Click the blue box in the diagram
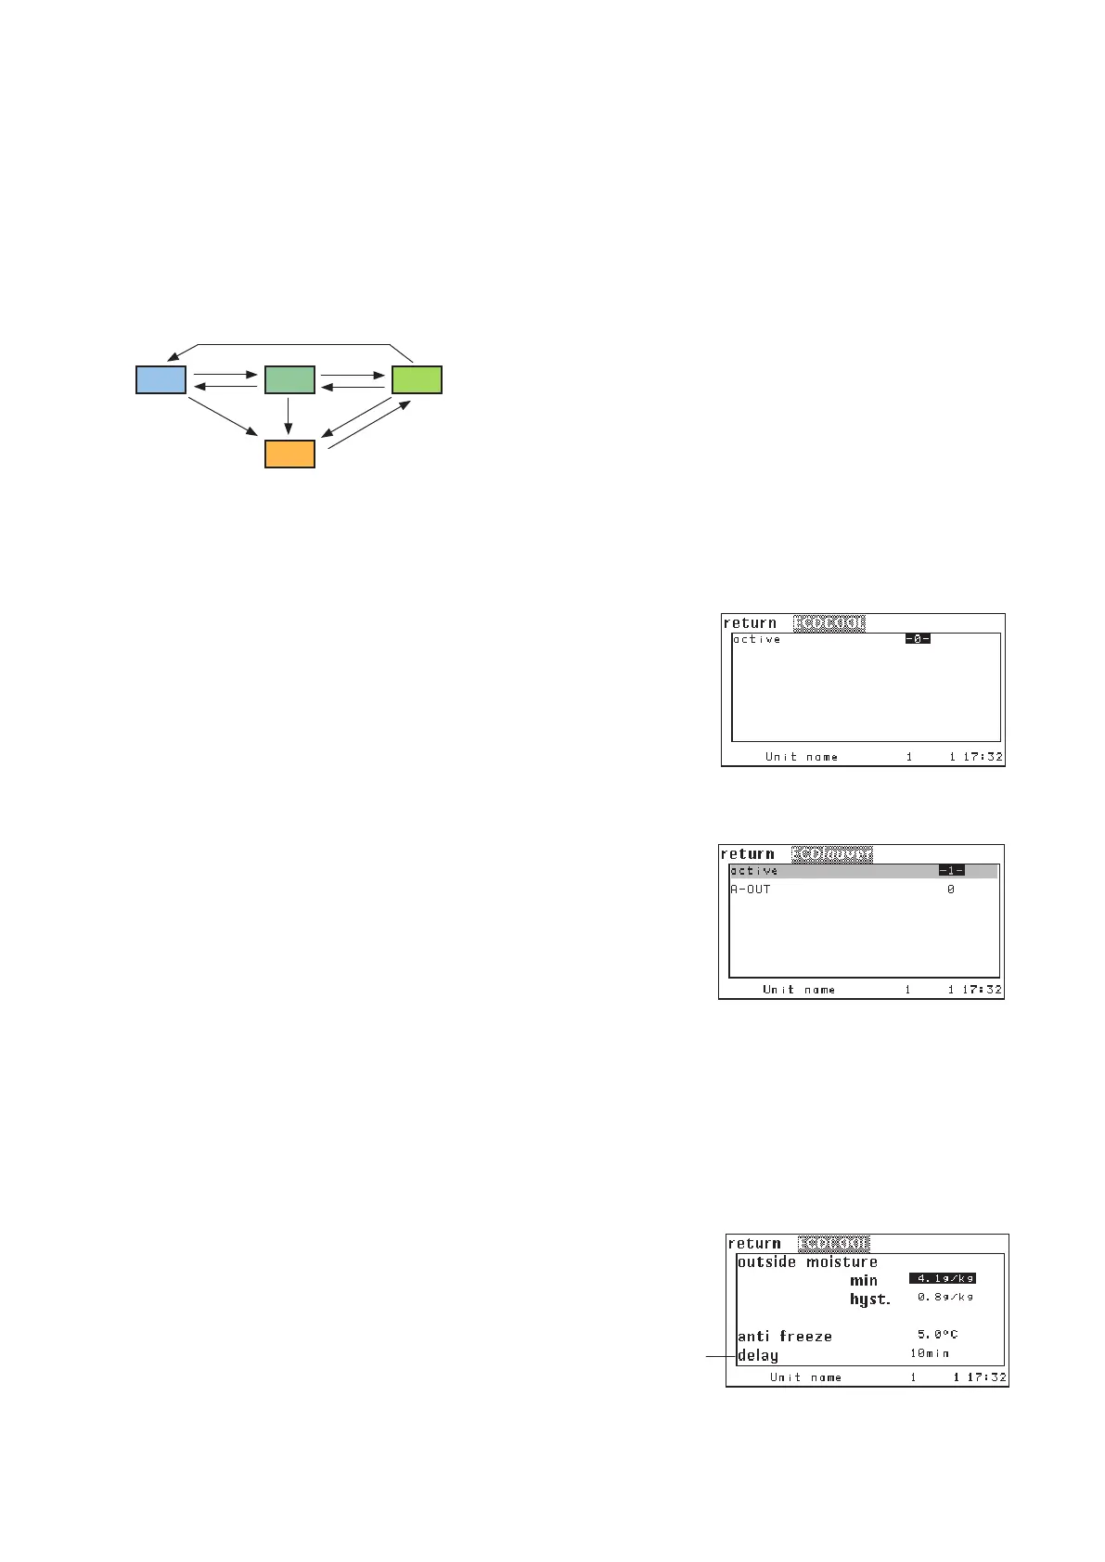pos(161,380)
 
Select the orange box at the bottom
pos(289,454)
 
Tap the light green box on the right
pos(417,380)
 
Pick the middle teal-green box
pos(289,380)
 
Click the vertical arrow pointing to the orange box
pos(289,416)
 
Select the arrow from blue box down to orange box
pos(223,416)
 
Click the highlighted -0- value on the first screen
pos(918,639)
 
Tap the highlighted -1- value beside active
pos(951,871)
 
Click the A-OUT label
pos(751,890)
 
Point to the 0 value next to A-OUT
pos(951,890)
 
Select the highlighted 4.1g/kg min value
pos(942,1278)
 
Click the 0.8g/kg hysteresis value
pos(940,1297)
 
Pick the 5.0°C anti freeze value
pos(937,1335)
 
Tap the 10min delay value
pos(930,1354)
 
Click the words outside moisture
pos(807,1261)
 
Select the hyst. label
pos(869,1300)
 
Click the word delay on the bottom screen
pos(758,1355)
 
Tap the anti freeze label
pos(785,1337)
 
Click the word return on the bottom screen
pos(754,1244)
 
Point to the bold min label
pos(864,1280)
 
